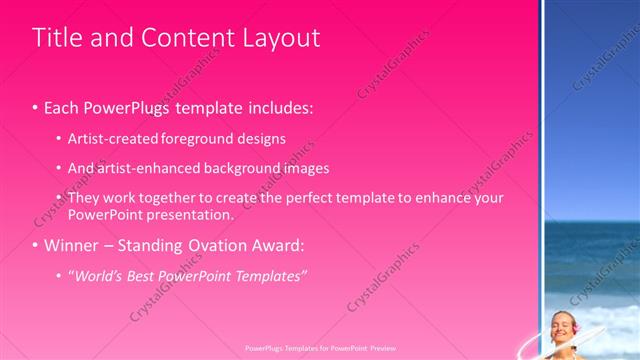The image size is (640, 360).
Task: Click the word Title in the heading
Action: pos(56,38)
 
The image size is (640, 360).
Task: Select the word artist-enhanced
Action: pos(142,168)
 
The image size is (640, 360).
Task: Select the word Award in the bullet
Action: pos(276,245)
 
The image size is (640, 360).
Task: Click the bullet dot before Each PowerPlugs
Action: pos(36,106)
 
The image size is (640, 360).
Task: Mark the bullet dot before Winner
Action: pos(36,246)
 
